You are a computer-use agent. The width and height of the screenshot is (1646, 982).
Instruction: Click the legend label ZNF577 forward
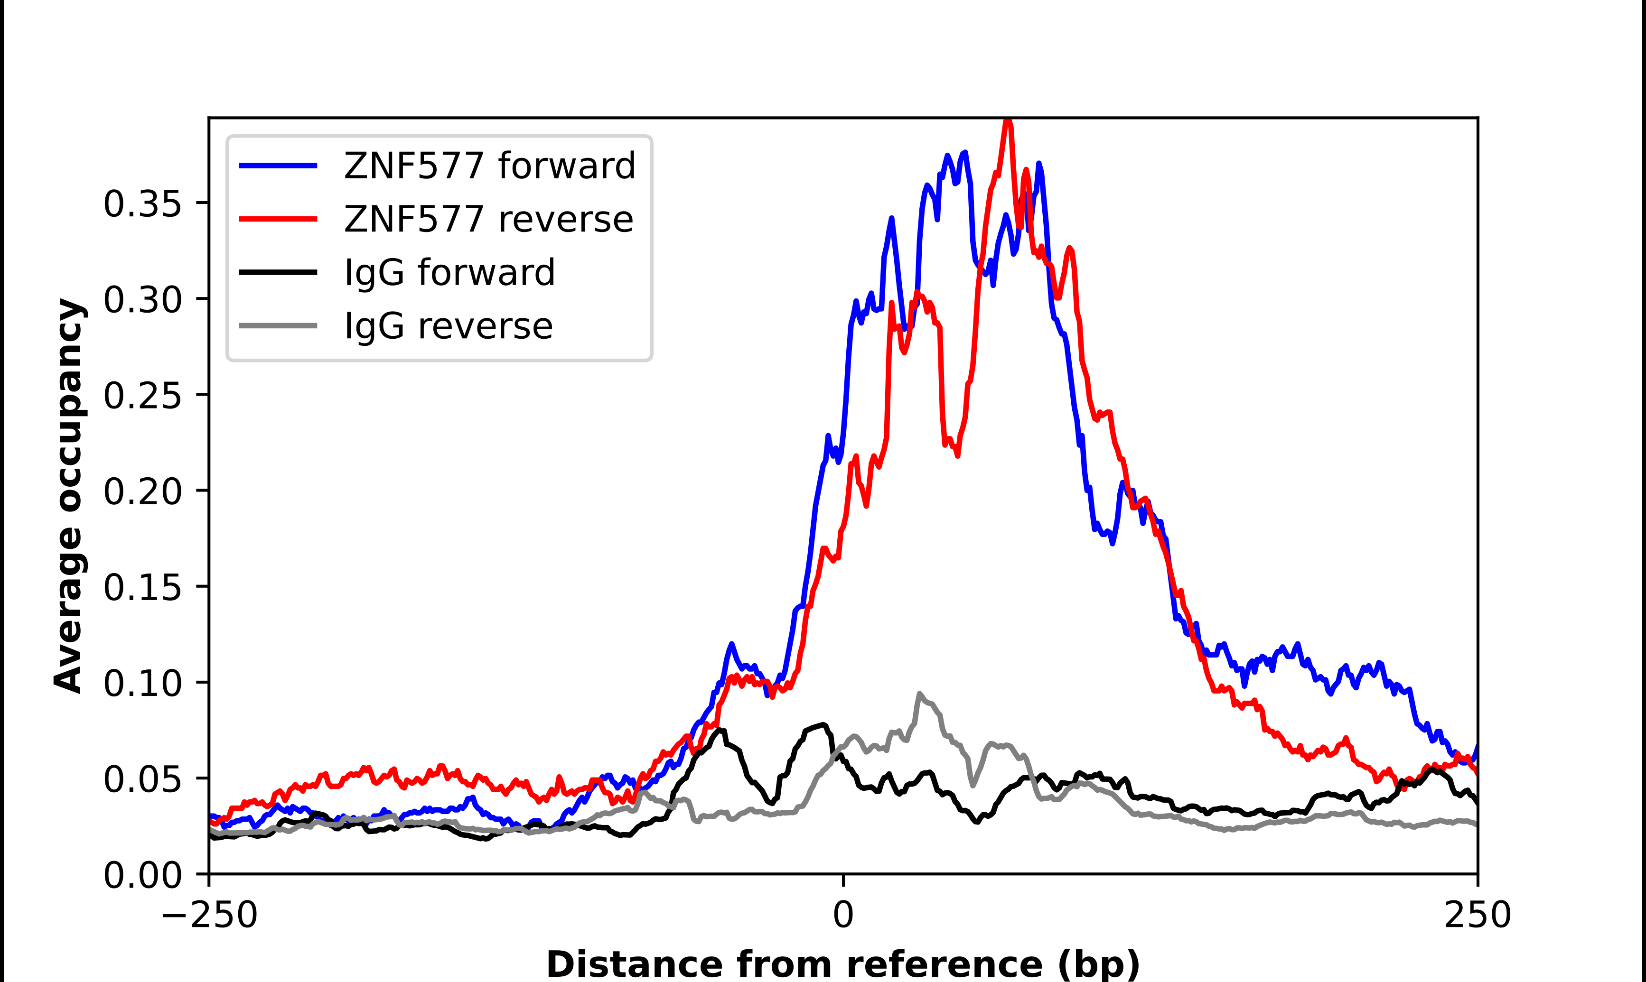489,166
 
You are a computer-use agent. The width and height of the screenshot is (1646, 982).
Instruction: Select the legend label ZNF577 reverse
488,219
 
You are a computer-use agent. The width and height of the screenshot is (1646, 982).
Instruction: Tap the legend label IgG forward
449,273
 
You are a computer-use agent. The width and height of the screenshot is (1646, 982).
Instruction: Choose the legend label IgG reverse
448,326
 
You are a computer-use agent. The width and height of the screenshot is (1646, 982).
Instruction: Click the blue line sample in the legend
278,166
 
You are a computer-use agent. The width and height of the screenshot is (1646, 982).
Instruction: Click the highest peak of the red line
1007,121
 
